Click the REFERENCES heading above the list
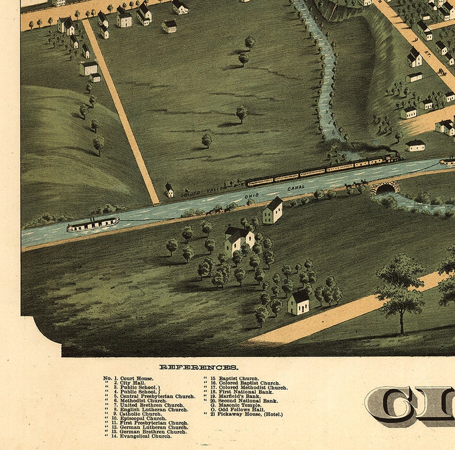pos(199,367)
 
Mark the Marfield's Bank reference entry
pos(235,396)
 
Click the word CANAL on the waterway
pos(296,187)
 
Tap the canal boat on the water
pos(92,224)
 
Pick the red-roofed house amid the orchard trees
pos(239,238)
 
